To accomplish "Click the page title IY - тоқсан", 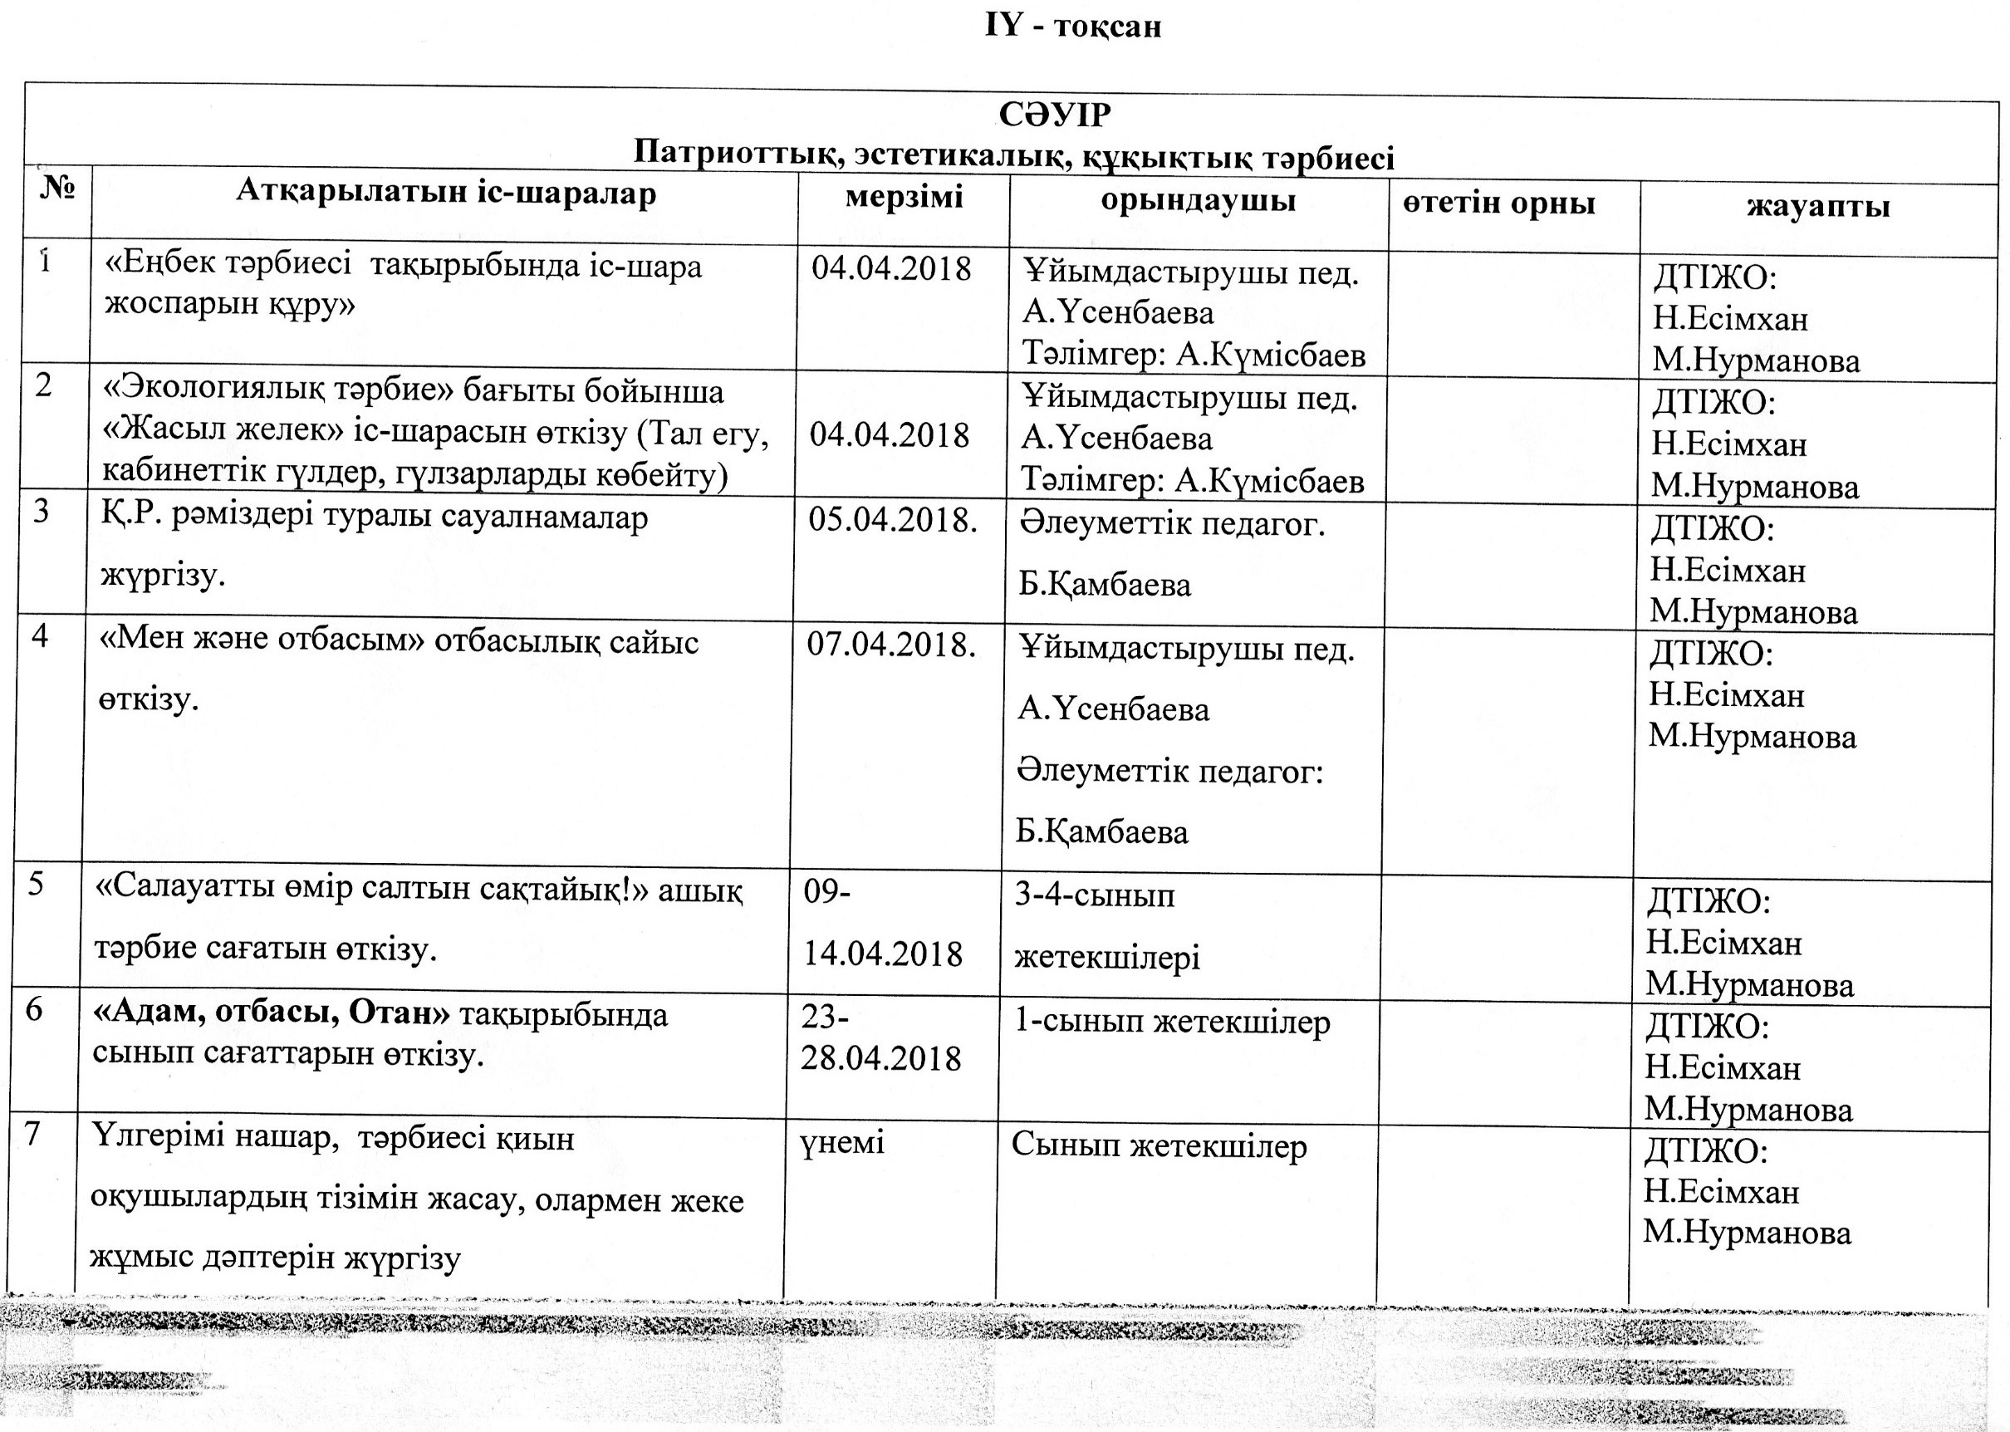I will click(x=1072, y=27).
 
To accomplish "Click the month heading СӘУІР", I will click(x=1054, y=115).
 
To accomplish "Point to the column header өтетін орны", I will click(x=1498, y=204).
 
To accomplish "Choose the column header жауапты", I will click(x=1818, y=206).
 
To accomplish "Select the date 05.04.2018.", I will click(x=892, y=520).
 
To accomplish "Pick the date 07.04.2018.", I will click(x=890, y=645).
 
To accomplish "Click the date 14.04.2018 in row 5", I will click(x=882, y=954).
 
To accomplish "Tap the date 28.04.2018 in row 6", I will click(x=880, y=1058).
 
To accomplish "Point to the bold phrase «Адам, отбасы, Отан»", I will click(x=272, y=1014).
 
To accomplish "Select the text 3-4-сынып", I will click(x=1094, y=896).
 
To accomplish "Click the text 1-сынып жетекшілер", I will click(x=1172, y=1023).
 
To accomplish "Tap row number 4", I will click(x=40, y=635).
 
